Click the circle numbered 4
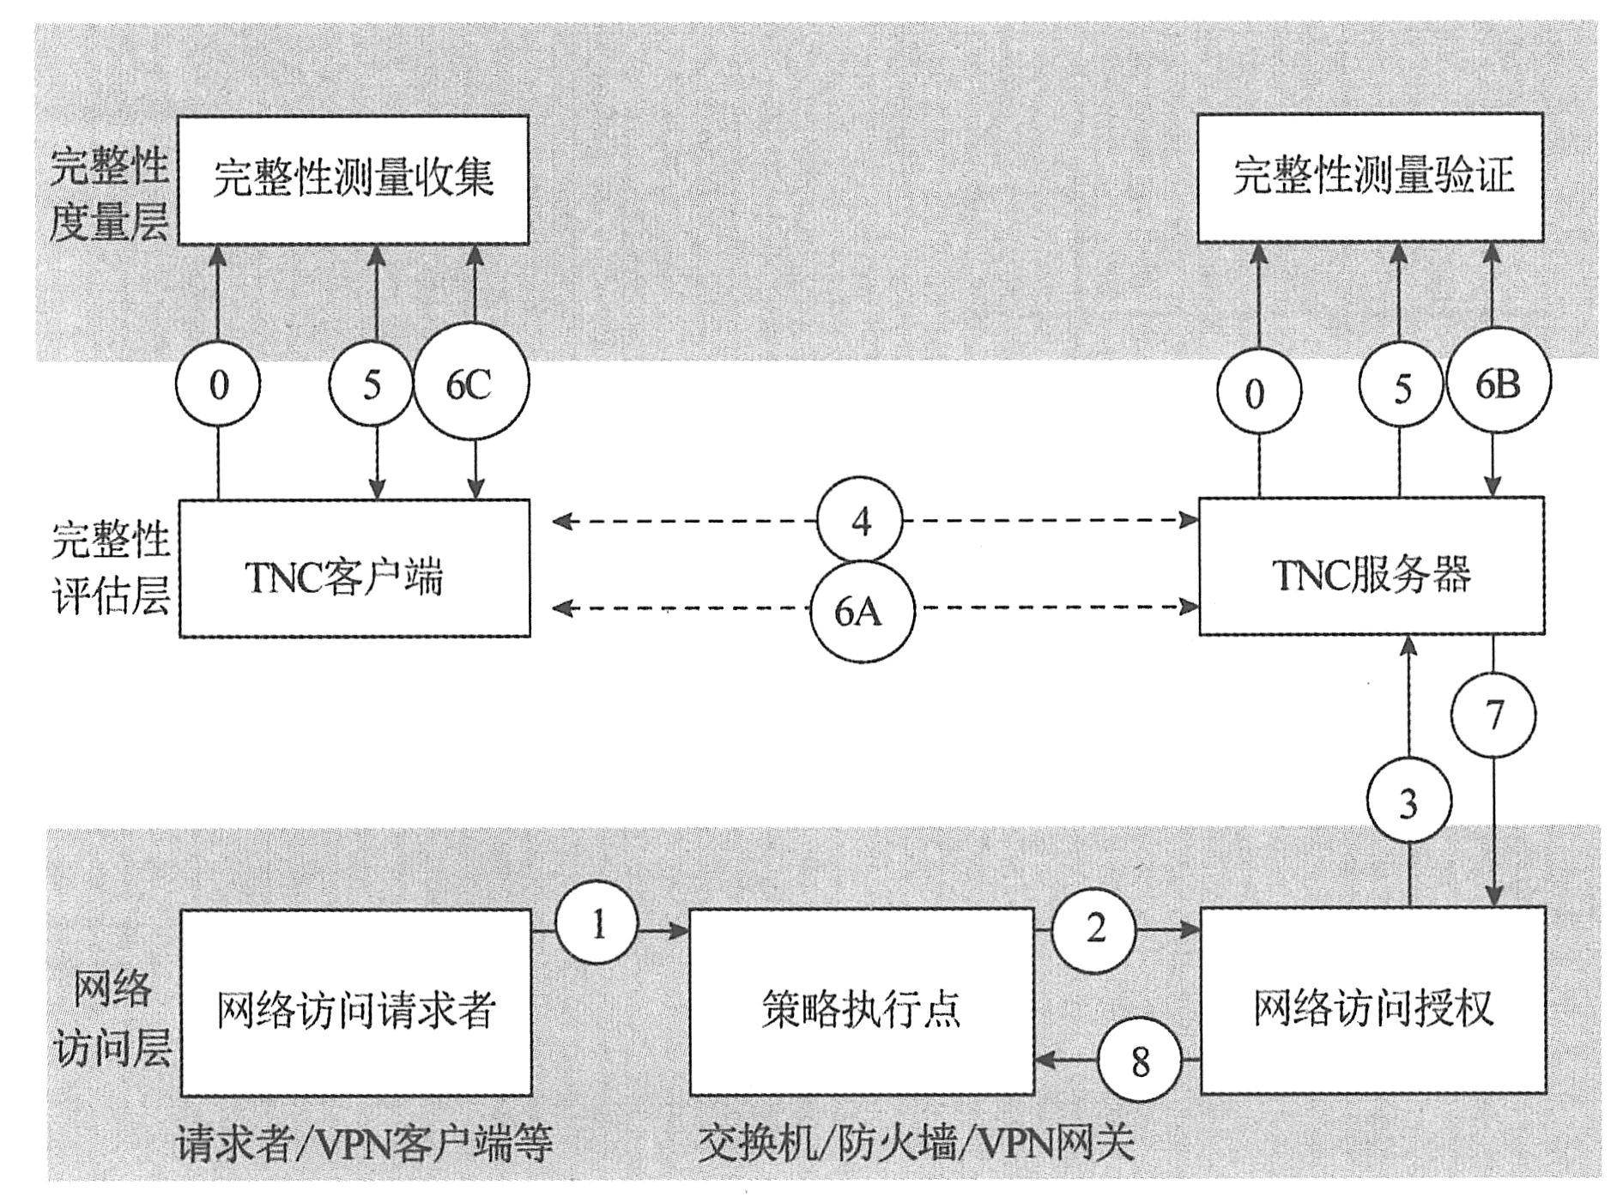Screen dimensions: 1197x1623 point(859,521)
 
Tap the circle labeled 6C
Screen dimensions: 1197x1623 point(470,384)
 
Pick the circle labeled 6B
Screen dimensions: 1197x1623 point(1498,384)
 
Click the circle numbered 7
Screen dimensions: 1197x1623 point(1494,714)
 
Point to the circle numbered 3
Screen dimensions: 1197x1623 point(1408,803)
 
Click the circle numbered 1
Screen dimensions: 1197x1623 point(597,925)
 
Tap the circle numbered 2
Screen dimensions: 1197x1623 point(1094,928)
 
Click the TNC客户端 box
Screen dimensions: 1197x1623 point(354,568)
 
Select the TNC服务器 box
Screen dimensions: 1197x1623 point(1371,566)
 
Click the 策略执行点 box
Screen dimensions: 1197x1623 point(861,1001)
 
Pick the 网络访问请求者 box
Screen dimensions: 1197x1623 point(355,1002)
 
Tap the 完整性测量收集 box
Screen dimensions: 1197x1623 point(353,180)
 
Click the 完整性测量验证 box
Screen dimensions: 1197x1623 point(1370,178)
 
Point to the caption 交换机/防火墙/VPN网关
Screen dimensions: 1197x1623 point(915,1144)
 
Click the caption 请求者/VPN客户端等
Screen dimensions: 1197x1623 point(364,1144)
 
